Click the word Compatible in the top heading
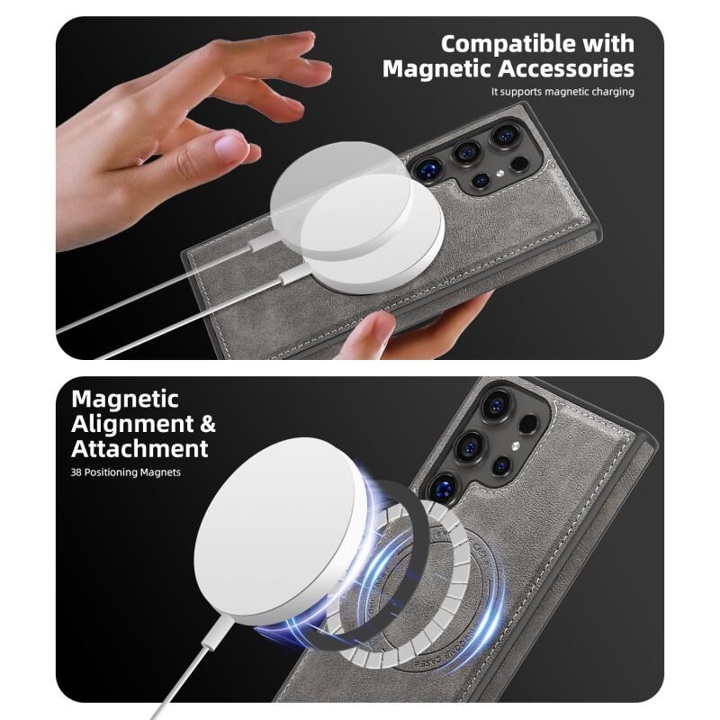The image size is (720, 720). coord(508,44)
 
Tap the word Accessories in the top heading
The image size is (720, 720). coord(567,69)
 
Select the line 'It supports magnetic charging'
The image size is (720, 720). coord(562,92)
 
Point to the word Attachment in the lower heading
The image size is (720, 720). coord(139,448)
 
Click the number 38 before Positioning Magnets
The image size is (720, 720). coord(76,472)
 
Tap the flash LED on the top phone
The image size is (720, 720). coord(499,174)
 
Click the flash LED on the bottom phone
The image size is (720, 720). coord(515,445)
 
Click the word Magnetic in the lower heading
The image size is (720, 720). coord(125,399)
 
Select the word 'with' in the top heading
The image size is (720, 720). coord(608,44)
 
